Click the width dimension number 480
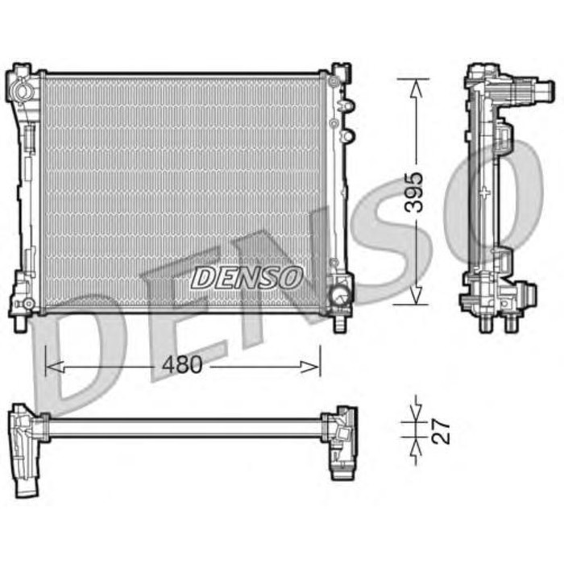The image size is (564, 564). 181,365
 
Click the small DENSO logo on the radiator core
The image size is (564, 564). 246,278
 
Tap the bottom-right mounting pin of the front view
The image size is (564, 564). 341,323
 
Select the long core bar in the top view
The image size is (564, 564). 185,428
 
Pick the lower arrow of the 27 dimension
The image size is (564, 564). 415,446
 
